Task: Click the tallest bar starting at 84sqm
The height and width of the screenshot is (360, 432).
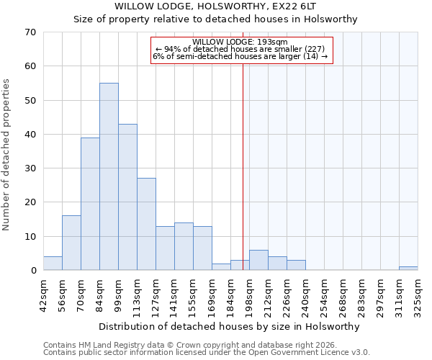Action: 109,176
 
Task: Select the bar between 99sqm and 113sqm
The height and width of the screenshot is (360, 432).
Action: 127,197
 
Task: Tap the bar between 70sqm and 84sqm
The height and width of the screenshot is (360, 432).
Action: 90,204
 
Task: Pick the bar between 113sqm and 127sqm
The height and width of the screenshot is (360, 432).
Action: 146,224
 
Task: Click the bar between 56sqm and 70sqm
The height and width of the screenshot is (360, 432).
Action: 71,243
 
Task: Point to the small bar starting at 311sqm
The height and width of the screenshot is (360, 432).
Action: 408,269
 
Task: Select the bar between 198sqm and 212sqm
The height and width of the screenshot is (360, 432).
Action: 258,260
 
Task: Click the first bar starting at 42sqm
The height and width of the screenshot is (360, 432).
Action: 53,264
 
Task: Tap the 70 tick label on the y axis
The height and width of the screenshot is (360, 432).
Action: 30,32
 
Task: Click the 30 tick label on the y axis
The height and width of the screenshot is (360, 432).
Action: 30,168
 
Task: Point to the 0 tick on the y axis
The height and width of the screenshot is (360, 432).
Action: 33,271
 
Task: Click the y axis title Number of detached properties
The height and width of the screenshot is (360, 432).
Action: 6,155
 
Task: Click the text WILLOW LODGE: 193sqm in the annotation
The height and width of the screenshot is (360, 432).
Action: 240,42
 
